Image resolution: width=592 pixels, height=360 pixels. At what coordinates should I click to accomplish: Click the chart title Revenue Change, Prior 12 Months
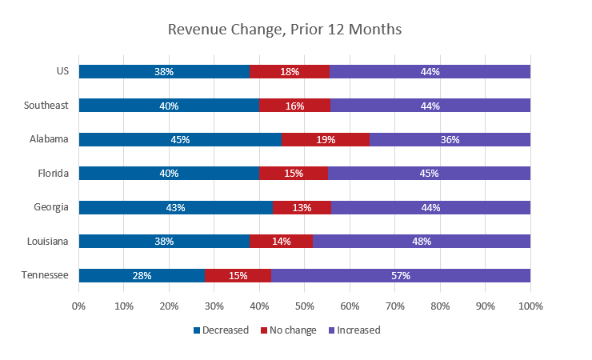click(x=284, y=30)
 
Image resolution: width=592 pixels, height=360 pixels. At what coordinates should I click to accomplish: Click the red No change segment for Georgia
click(x=302, y=207)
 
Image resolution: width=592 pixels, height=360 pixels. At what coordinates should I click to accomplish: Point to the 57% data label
click(x=401, y=275)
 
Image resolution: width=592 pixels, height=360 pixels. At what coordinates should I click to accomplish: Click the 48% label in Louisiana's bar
click(x=422, y=241)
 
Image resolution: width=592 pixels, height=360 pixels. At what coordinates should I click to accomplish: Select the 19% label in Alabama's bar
click(x=325, y=139)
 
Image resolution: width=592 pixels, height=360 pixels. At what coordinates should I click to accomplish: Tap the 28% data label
click(x=142, y=275)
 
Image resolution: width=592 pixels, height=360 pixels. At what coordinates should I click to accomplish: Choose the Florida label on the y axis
click(x=53, y=173)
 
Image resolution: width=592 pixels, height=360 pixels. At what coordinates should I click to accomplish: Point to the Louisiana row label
click(x=48, y=241)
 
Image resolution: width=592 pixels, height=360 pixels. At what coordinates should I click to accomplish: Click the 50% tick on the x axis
click(x=305, y=306)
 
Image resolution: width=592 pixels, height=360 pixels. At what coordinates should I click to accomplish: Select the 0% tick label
click(x=78, y=306)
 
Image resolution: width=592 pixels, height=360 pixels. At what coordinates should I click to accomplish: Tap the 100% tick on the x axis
click(x=530, y=306)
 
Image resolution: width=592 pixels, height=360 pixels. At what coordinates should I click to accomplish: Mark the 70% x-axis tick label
click(x=395, y=306)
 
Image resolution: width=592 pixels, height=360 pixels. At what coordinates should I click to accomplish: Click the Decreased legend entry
click(x=221, y=330)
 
